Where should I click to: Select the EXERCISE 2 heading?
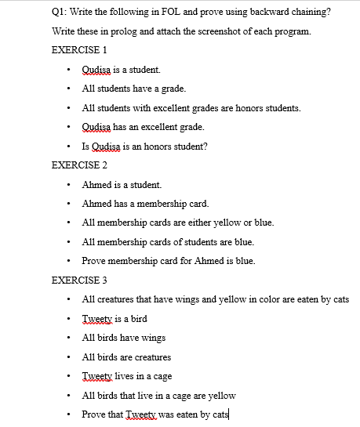(78, 165)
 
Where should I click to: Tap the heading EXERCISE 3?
(78, 280)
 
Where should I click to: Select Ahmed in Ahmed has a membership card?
(96, 204)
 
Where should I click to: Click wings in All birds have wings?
(152, 338)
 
